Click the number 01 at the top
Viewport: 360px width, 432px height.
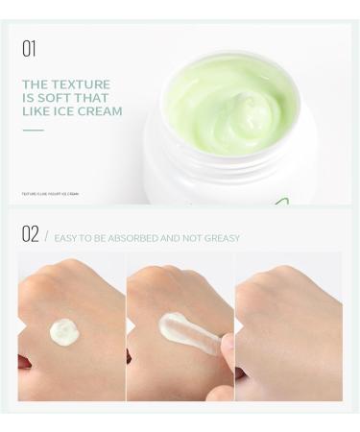pyautogui.click(x=29, y=47)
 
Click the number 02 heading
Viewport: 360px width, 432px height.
pyautogui.click(x=30, y=234)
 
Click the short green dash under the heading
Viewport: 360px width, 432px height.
pyautogui.click(x=34, y=130)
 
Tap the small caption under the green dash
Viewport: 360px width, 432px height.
pyautogui.click(x=50, y=194)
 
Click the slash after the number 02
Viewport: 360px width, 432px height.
pyautogui.click(x=46, y=235)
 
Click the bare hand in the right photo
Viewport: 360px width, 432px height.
pyautogui.click(x=288, y=326)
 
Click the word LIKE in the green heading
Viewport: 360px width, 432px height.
pyautogui.click(x=36, y=111)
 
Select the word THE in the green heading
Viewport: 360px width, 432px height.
pyautogui.click(x=36, y=84)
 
